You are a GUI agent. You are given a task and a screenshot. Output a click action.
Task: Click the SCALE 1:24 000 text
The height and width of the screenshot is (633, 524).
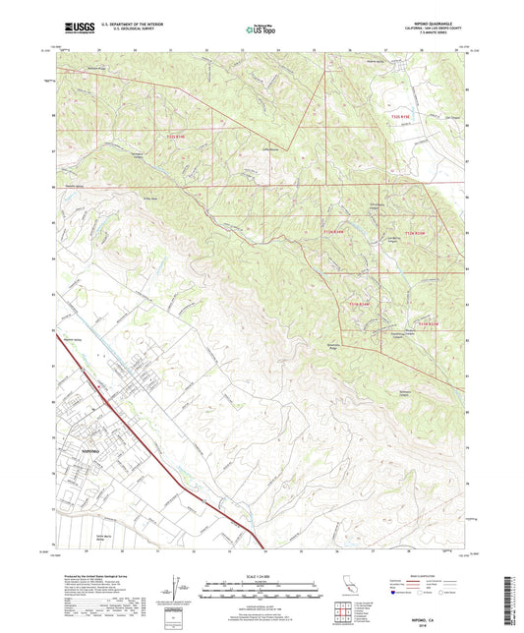[262, 576]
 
